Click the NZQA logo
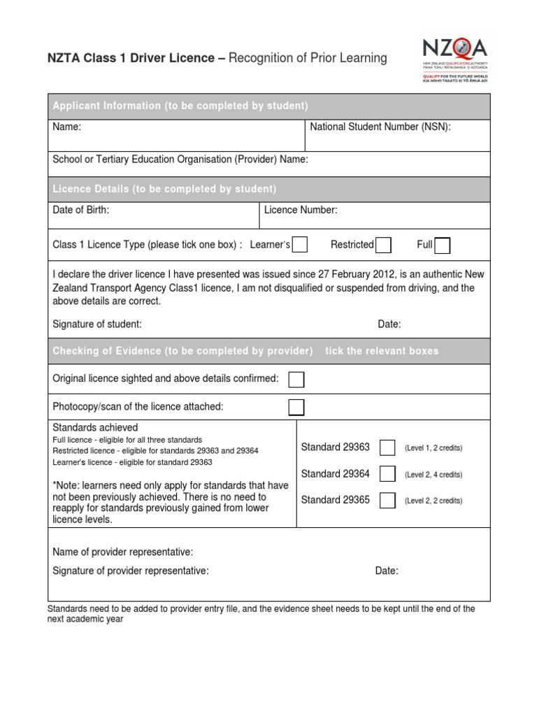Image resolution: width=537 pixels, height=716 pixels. (x=455, y=59)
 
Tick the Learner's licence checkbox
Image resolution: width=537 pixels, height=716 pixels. (x=299, y=245)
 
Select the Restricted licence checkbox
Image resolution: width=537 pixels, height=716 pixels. (x=382, y=245)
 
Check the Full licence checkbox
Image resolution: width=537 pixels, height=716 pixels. (x=442, y=245)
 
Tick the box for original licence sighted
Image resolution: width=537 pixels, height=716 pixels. (x=296, y=379)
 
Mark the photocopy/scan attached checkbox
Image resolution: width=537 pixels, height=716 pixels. (x=296, y=407)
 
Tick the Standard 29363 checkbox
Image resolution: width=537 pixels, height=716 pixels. (x=387, y=447)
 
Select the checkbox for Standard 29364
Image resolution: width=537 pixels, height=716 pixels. (x=387, y=474)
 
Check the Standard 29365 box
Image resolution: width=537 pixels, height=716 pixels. (x=387, y=500)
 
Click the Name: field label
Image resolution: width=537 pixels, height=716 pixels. (x=67, y=127)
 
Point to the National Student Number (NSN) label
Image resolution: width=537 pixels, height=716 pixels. (x=380, y=127)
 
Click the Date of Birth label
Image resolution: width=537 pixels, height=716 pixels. (x=81, y=210)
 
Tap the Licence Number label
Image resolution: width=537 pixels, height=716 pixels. (x=301, y=210)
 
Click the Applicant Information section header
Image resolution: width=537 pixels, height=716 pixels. (x=180, y=106)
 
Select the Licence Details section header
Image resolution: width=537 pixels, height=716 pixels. (x=165, y=189)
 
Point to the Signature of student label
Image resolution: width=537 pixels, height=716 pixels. (x=97, y=324)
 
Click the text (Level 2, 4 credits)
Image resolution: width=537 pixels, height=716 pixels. (x=433, y=475)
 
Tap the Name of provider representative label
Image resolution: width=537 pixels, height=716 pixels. (x=123, y=552)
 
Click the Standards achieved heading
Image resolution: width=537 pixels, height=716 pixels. (x=95, y=427)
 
